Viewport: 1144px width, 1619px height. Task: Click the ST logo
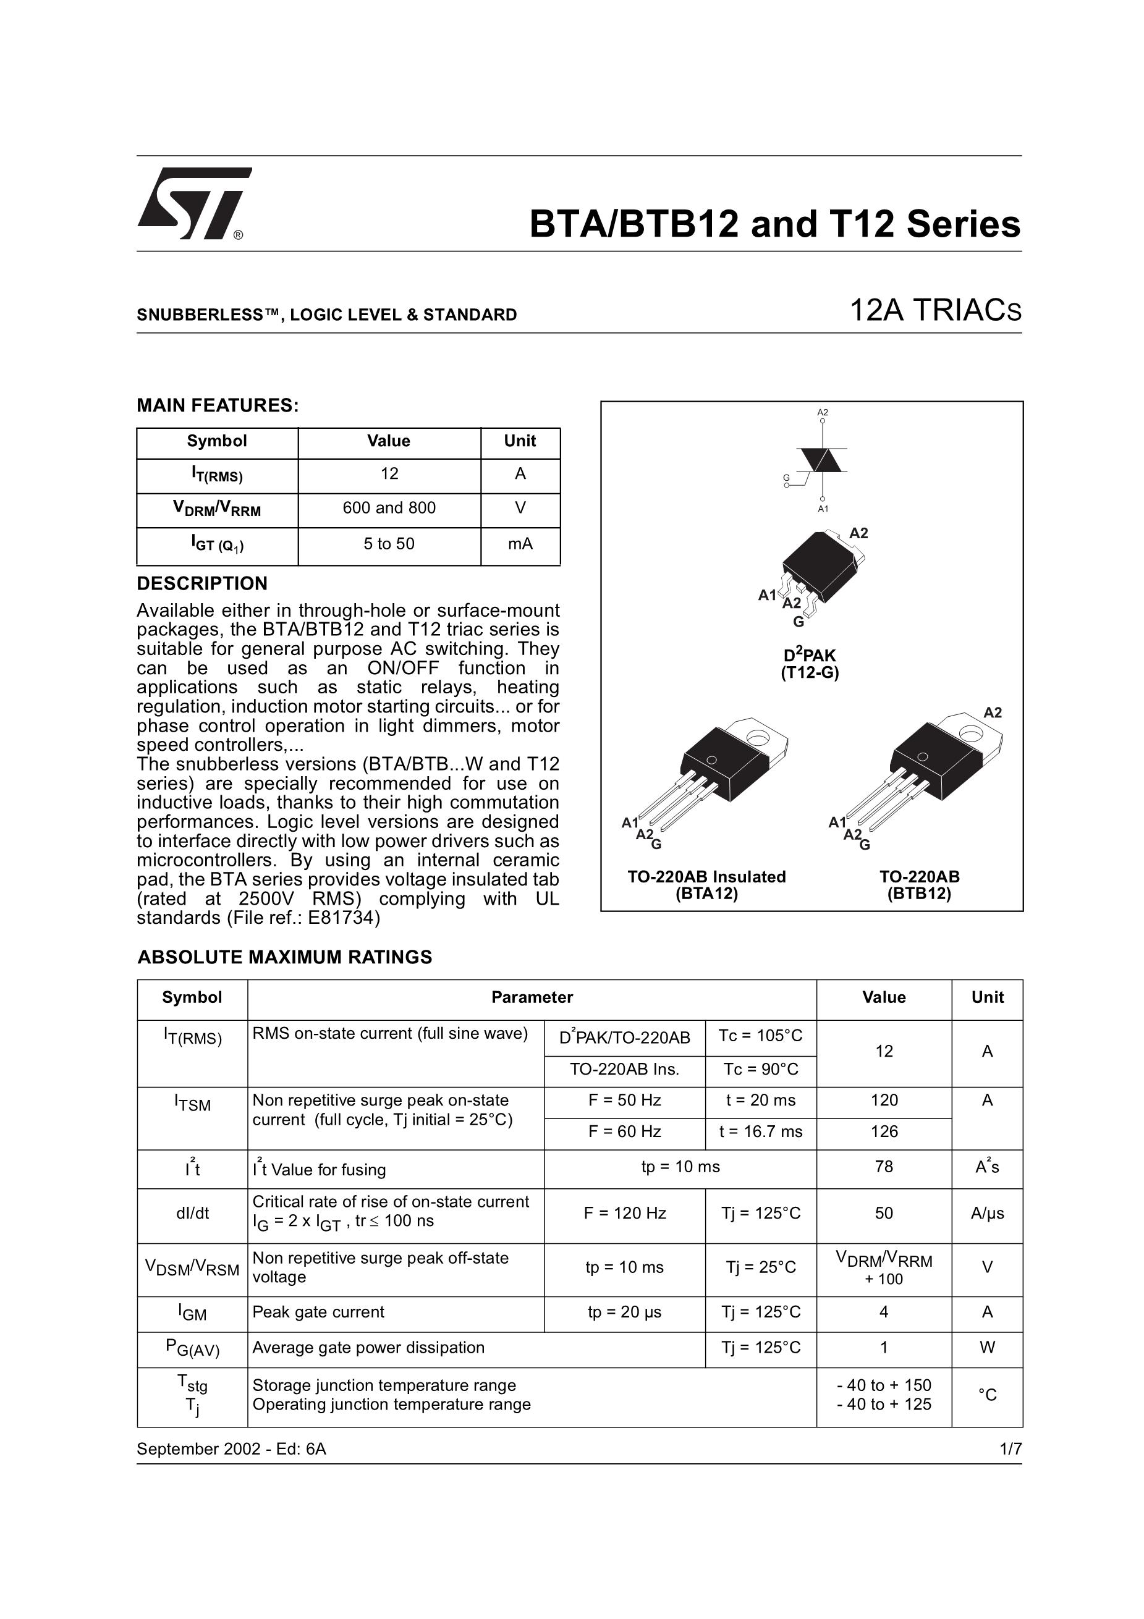tap(193, 203)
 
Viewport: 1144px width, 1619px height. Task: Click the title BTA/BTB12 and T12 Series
tap(774, 224)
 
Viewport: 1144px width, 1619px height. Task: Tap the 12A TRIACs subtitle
tap(935, 311)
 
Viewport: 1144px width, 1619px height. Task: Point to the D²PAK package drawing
tap(821, 571)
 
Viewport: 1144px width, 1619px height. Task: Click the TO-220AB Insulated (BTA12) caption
tap(706, 885)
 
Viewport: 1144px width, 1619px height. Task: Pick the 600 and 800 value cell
tap(389, 508)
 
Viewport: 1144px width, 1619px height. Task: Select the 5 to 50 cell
tap(389, 544)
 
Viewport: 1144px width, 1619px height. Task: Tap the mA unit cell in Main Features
tap(520, 544)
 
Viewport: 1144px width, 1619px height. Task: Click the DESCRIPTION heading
tap(201, 583)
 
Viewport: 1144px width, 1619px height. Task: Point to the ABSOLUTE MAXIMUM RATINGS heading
tap(284, 957)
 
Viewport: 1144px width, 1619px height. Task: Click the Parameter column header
tap(532, 997)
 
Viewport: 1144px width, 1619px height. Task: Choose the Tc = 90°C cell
tap(760, 1069)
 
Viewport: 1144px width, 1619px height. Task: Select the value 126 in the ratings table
tap(884, 1131)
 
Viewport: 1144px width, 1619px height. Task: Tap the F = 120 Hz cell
tap(624, 1213)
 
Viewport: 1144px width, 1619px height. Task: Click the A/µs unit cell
tap(987, 1213)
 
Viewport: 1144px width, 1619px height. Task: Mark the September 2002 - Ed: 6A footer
tap(231, 1449)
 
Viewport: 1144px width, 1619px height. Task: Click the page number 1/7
tap(1010, 1449)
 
